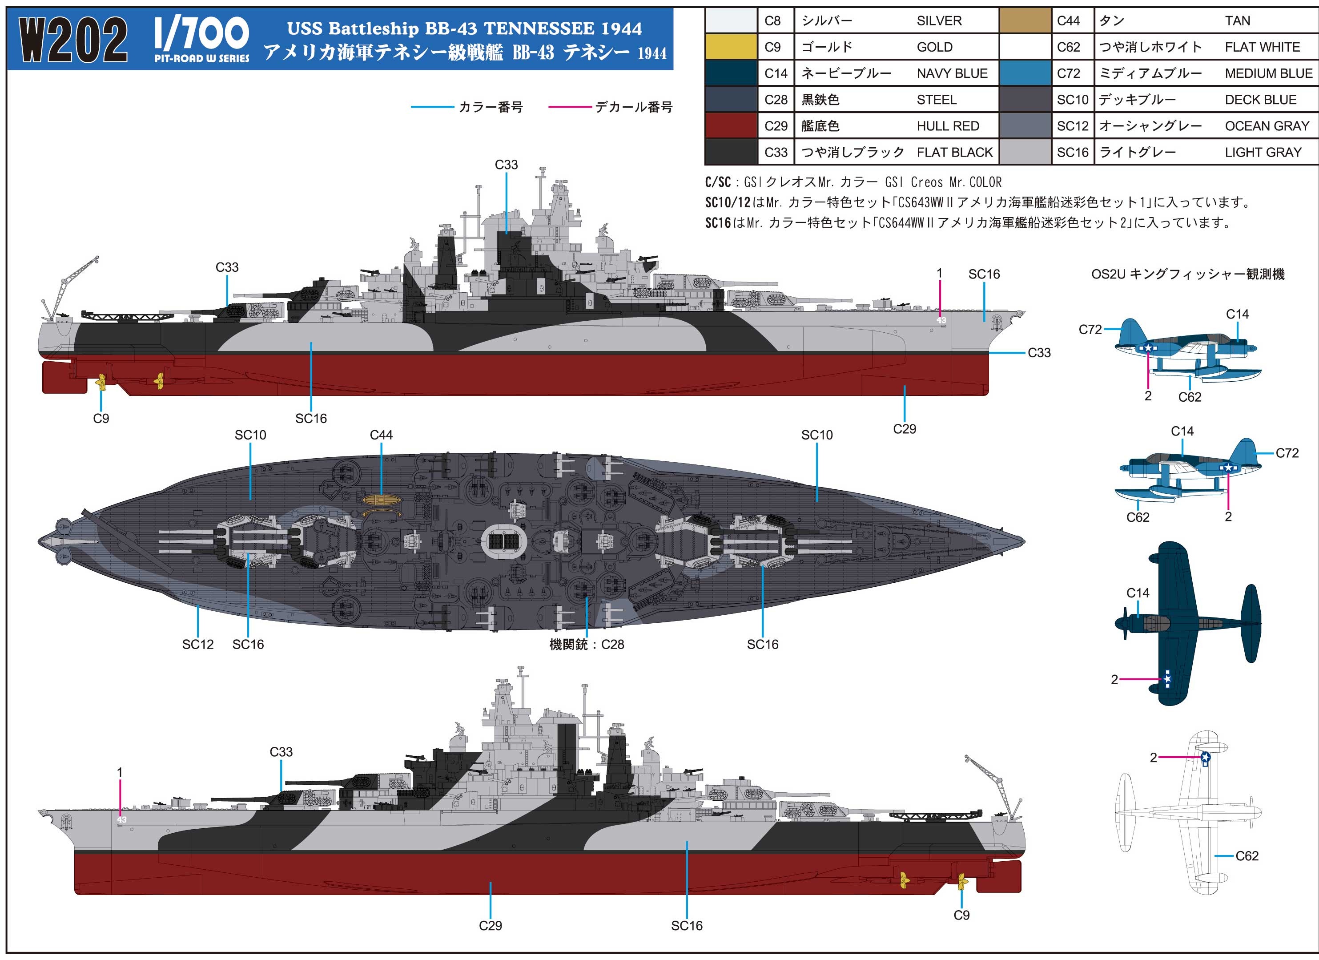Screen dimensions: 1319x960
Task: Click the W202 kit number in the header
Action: point(74,39)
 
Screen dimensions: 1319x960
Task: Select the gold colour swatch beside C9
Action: point(731,47)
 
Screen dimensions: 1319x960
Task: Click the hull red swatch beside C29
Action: point(731,126)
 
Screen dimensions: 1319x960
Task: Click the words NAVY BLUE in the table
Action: point(952,73)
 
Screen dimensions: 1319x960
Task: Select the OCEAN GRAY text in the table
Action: point(1267,126)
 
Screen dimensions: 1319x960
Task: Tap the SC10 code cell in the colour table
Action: point(1072,100)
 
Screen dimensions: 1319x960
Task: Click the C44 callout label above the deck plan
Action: point(381,435)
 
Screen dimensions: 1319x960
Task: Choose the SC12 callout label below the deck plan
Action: point(198,644)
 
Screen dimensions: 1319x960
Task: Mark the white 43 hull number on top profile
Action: point(941,320)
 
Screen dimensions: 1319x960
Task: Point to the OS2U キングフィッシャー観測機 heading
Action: point(1187,274)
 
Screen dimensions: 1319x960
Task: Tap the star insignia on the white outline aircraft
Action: point(1206,757)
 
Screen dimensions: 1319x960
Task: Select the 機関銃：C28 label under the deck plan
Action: point(587,644)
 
